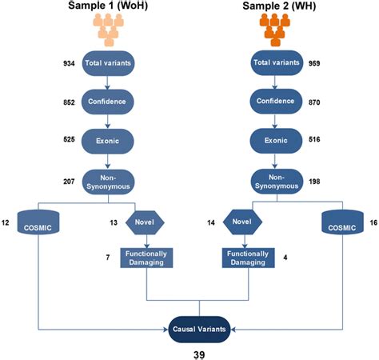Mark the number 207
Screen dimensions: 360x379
click(x=70, y=179)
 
